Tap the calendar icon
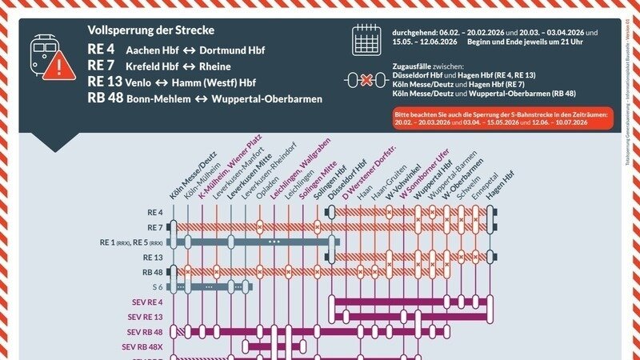367,39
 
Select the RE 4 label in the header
102,50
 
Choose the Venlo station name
143,82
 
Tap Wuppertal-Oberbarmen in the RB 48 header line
265,99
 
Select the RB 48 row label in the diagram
152,272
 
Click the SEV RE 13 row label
145,317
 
